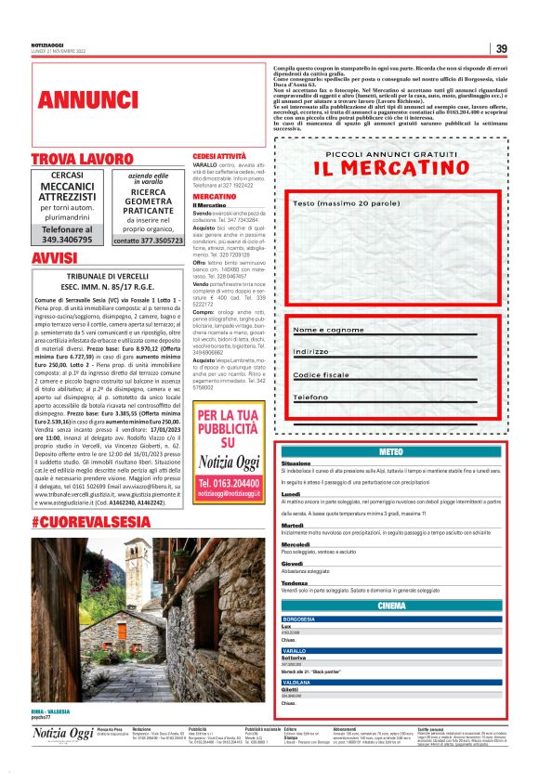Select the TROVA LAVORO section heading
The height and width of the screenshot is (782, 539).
83,160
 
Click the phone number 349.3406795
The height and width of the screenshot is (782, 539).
73,240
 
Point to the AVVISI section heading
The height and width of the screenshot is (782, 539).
54,257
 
